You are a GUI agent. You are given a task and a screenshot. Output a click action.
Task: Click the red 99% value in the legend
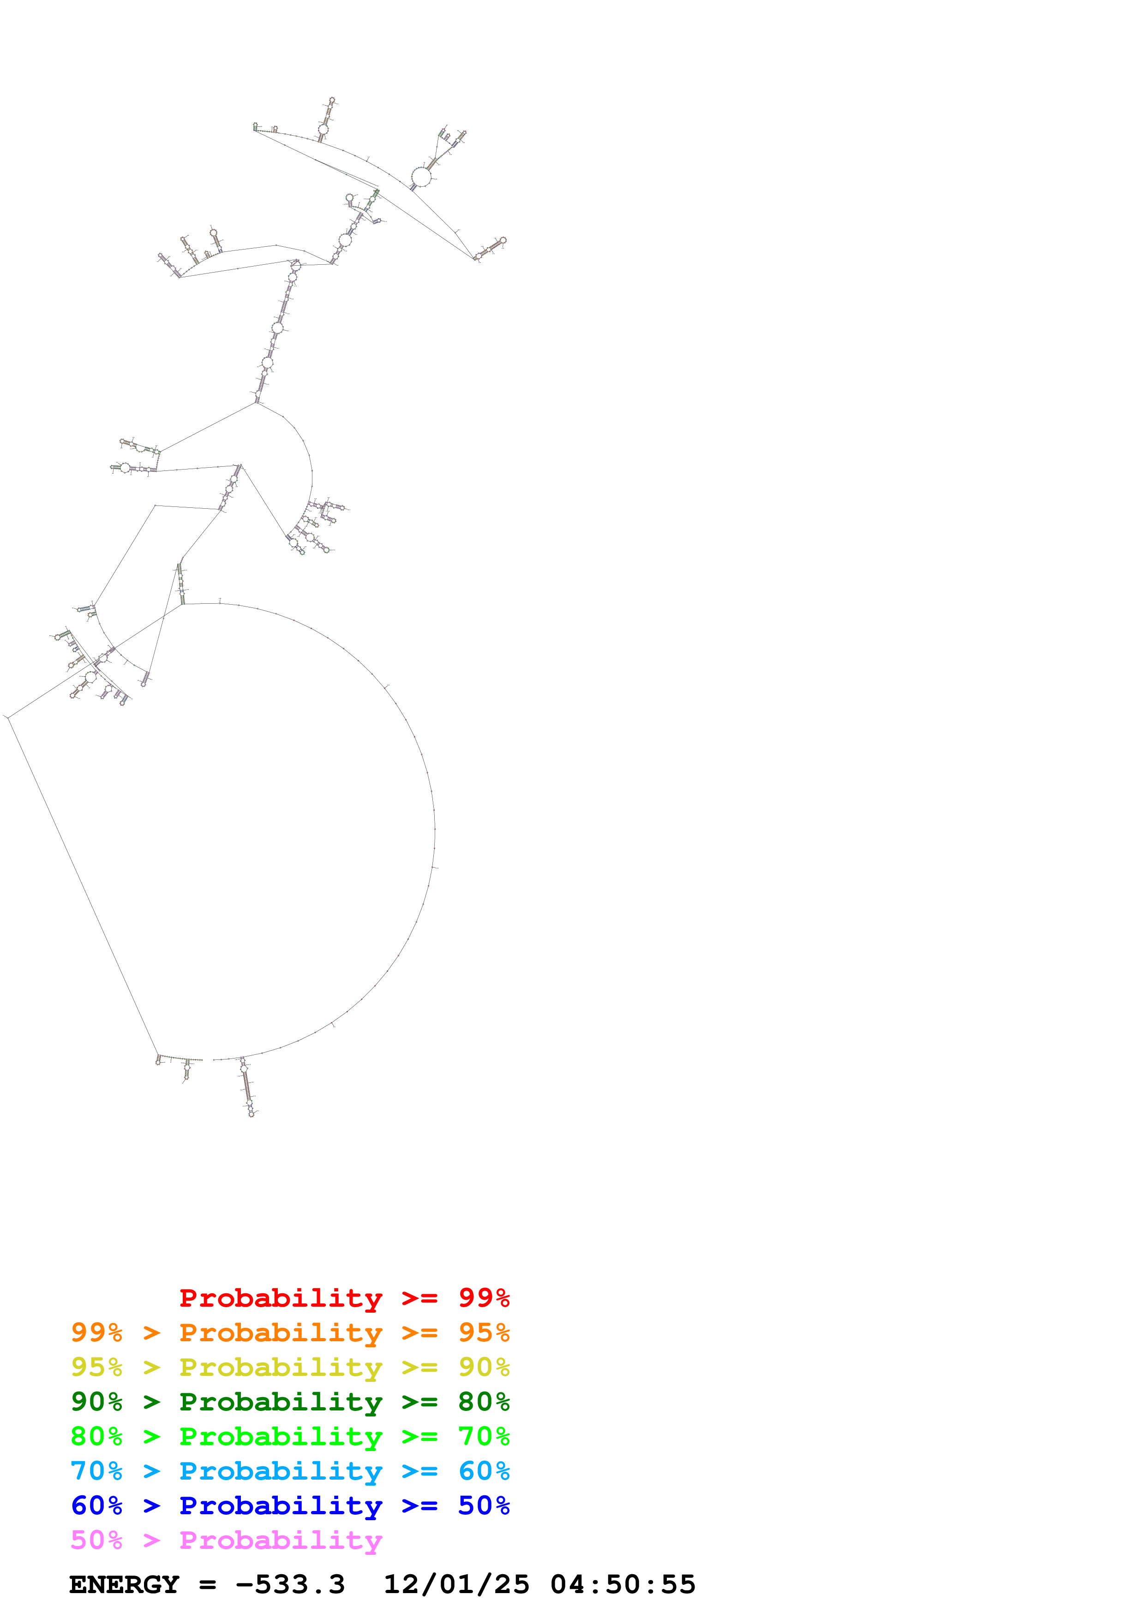click(484, 1297)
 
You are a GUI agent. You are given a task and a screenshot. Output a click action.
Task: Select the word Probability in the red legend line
click(281, 1297)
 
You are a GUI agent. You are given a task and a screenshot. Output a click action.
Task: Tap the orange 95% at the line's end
click(484, 1332)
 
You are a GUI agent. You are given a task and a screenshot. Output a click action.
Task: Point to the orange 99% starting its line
click(96, 1332)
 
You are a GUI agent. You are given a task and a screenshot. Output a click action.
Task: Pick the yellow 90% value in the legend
click(484, 1367)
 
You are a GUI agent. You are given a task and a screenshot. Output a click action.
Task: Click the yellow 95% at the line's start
click(96, 1367)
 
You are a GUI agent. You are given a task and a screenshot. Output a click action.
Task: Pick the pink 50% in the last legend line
click(96, 1540)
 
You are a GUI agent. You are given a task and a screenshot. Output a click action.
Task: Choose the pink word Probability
click(281, 1540)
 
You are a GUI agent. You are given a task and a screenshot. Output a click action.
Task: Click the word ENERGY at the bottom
click(124, 1584)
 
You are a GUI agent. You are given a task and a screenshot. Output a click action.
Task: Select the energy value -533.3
click(290, 1584)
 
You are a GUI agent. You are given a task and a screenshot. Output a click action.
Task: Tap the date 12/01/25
click(456, 1584)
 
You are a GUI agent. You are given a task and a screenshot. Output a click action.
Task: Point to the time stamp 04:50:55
click(623, 1584)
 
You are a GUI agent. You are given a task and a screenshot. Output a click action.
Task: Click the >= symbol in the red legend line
click(419, 1297)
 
